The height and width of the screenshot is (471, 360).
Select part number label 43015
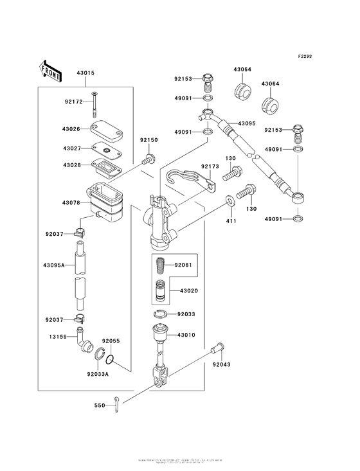(x=85, y=74)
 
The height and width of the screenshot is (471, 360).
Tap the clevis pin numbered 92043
(x=217, y=349)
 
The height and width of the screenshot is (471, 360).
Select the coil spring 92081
(x=161, y=265)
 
